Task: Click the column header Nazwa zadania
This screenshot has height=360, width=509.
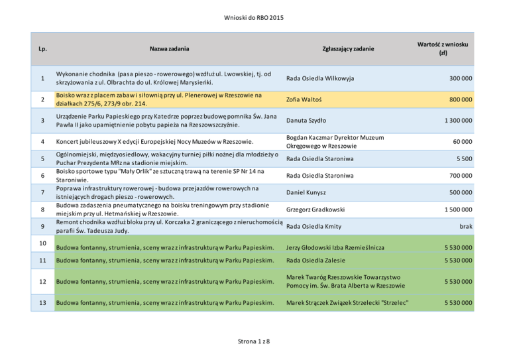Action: tap(169, 48)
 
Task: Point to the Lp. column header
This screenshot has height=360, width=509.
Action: tap(42, 48)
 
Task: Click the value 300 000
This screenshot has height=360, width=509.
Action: tap(458, 79)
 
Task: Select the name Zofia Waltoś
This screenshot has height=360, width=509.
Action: tap(304, 99)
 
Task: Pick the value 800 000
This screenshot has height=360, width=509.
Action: tap(458, 99)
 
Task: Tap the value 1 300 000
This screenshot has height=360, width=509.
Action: tap(454, 121)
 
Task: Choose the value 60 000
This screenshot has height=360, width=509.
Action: tap(461, 141)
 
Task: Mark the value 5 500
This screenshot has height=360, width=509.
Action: tap(463, 158)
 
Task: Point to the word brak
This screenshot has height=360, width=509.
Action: tap(465, 226)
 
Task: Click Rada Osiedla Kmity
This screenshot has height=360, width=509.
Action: tap(313, 226)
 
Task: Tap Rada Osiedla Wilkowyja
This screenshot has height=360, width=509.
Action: tap(319, 79)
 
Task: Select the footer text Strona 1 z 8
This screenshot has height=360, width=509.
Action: tap(254, 341)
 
